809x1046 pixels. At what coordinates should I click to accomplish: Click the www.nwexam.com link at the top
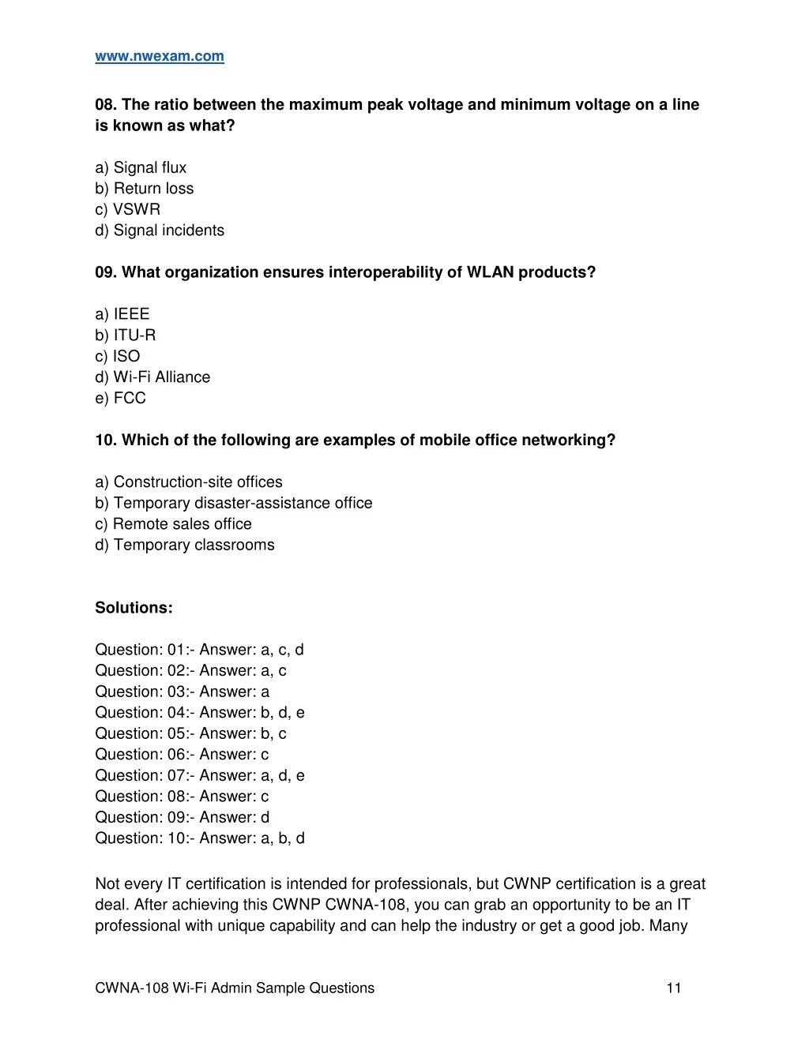[160, 57]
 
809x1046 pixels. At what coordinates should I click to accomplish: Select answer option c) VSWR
[127, 209]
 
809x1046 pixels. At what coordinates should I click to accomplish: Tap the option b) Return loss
[144, 189]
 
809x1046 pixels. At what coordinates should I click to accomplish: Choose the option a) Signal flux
[141, 167]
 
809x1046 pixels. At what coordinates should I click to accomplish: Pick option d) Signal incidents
[160, 231]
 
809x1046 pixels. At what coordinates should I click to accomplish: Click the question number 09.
[105, 272]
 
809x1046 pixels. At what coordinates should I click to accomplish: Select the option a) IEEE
[122, 314]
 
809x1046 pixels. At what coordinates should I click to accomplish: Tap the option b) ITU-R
[125, 336]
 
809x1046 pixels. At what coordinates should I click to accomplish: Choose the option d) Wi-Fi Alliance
[152, 377]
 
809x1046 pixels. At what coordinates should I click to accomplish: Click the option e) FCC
[120, 399]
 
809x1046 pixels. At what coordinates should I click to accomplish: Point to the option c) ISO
[117, 356]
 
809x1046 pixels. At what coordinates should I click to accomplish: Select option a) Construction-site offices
[188, 482]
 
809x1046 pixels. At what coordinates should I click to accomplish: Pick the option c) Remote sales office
[173, 524]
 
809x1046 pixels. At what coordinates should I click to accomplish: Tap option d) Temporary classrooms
[184, 545]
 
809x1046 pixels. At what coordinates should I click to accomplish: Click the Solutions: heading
[134, 608]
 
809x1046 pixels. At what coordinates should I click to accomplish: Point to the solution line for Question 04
[199, 713]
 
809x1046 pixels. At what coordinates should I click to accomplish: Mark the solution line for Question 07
[199, 776]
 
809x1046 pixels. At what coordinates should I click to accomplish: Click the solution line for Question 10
[199, 838]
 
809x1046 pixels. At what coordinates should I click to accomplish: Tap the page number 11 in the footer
[674, 988]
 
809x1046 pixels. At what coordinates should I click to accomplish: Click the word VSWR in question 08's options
[137, 209]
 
